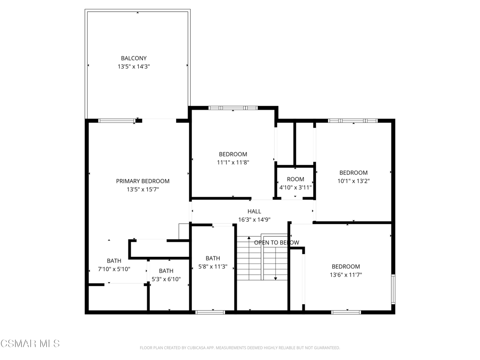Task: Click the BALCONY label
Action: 134,58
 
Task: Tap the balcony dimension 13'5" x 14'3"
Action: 134,67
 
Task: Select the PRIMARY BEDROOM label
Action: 142,181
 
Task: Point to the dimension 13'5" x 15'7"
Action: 142,189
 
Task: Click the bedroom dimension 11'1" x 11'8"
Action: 233,163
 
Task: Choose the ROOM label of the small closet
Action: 295,179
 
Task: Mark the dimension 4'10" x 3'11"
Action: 295,187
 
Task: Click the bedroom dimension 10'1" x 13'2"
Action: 353,181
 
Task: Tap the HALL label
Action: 255,211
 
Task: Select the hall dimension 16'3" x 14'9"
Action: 255,219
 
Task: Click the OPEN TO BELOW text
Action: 277,242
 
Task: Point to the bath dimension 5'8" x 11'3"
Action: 213,267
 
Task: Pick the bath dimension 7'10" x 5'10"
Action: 114,269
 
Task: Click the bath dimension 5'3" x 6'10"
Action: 166,279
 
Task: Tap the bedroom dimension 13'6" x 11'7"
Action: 346,275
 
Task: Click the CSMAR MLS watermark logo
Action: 30,344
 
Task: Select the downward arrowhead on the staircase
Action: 276,278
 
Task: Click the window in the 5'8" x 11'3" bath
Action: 210,312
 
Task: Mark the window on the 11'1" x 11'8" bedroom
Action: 233,108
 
